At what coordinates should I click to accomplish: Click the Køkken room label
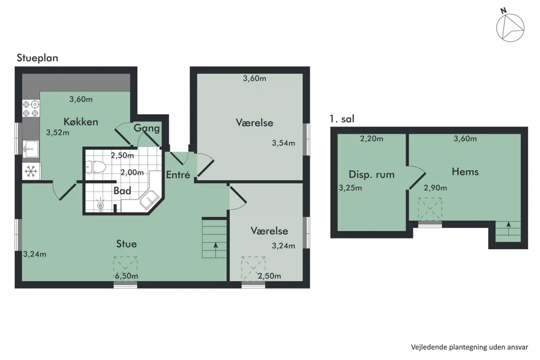coord(81,121)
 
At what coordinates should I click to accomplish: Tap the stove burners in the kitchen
coord(31,108)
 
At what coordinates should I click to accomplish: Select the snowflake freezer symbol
coord(31,171)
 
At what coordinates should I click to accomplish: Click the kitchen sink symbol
coord(31,149)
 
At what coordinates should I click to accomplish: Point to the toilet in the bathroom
coord(95,167)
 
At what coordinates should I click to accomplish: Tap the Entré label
coord(178,175)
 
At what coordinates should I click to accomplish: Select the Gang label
coord(147,128)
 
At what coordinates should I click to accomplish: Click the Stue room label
coord(127,244)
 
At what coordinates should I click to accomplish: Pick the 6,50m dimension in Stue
coord(127,276)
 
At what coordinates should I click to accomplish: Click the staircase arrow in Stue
coord(215,250)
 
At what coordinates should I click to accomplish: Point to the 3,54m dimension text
coord(283,143)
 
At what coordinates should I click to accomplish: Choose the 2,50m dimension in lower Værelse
coord(269,276)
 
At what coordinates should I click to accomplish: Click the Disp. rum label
coord(372,174)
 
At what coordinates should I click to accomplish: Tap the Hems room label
coord(465,172)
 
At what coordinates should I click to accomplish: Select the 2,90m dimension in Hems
coord(435,188)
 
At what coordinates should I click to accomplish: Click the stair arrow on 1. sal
coord(508,229)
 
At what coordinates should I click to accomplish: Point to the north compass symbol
coord(510,27)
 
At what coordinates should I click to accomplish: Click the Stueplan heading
coord(37,58)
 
